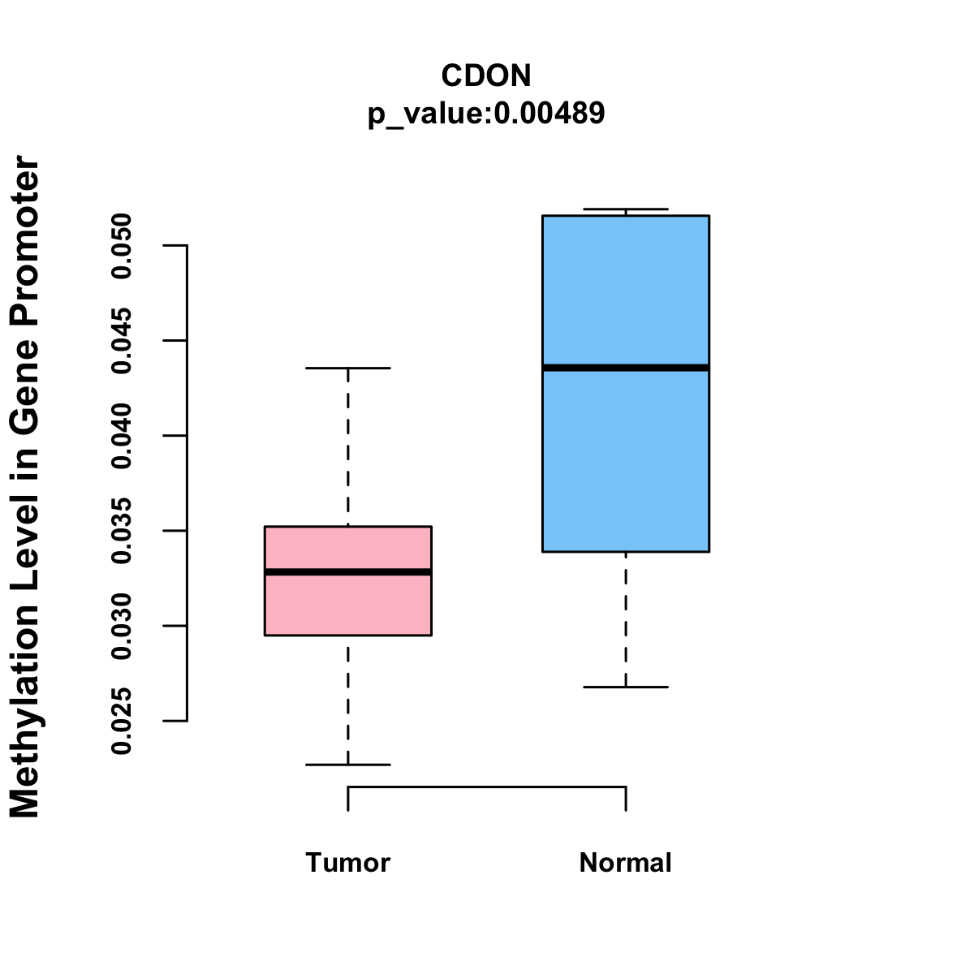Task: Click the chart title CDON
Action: coord(486,75)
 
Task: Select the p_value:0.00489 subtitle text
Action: coord(486,113)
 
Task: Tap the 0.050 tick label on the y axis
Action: coord(122,245)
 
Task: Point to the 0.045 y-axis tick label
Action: coord(122,341)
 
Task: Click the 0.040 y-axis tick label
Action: coord(122,436)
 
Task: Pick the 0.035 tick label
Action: coord(122,531)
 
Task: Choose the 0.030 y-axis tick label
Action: coord(122,626)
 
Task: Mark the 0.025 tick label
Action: coord(122,721)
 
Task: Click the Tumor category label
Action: coord(347,862)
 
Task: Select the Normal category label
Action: coord(625,862)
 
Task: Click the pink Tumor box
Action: coord(347,605)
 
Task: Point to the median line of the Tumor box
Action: coord(347,572)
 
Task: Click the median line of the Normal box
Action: coord(625,368)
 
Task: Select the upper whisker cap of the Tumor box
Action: coord(347,368)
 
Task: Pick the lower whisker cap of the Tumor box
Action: coord(347,765)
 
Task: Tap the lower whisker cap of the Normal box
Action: coord(625,687)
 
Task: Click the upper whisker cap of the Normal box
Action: coord(625,209)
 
